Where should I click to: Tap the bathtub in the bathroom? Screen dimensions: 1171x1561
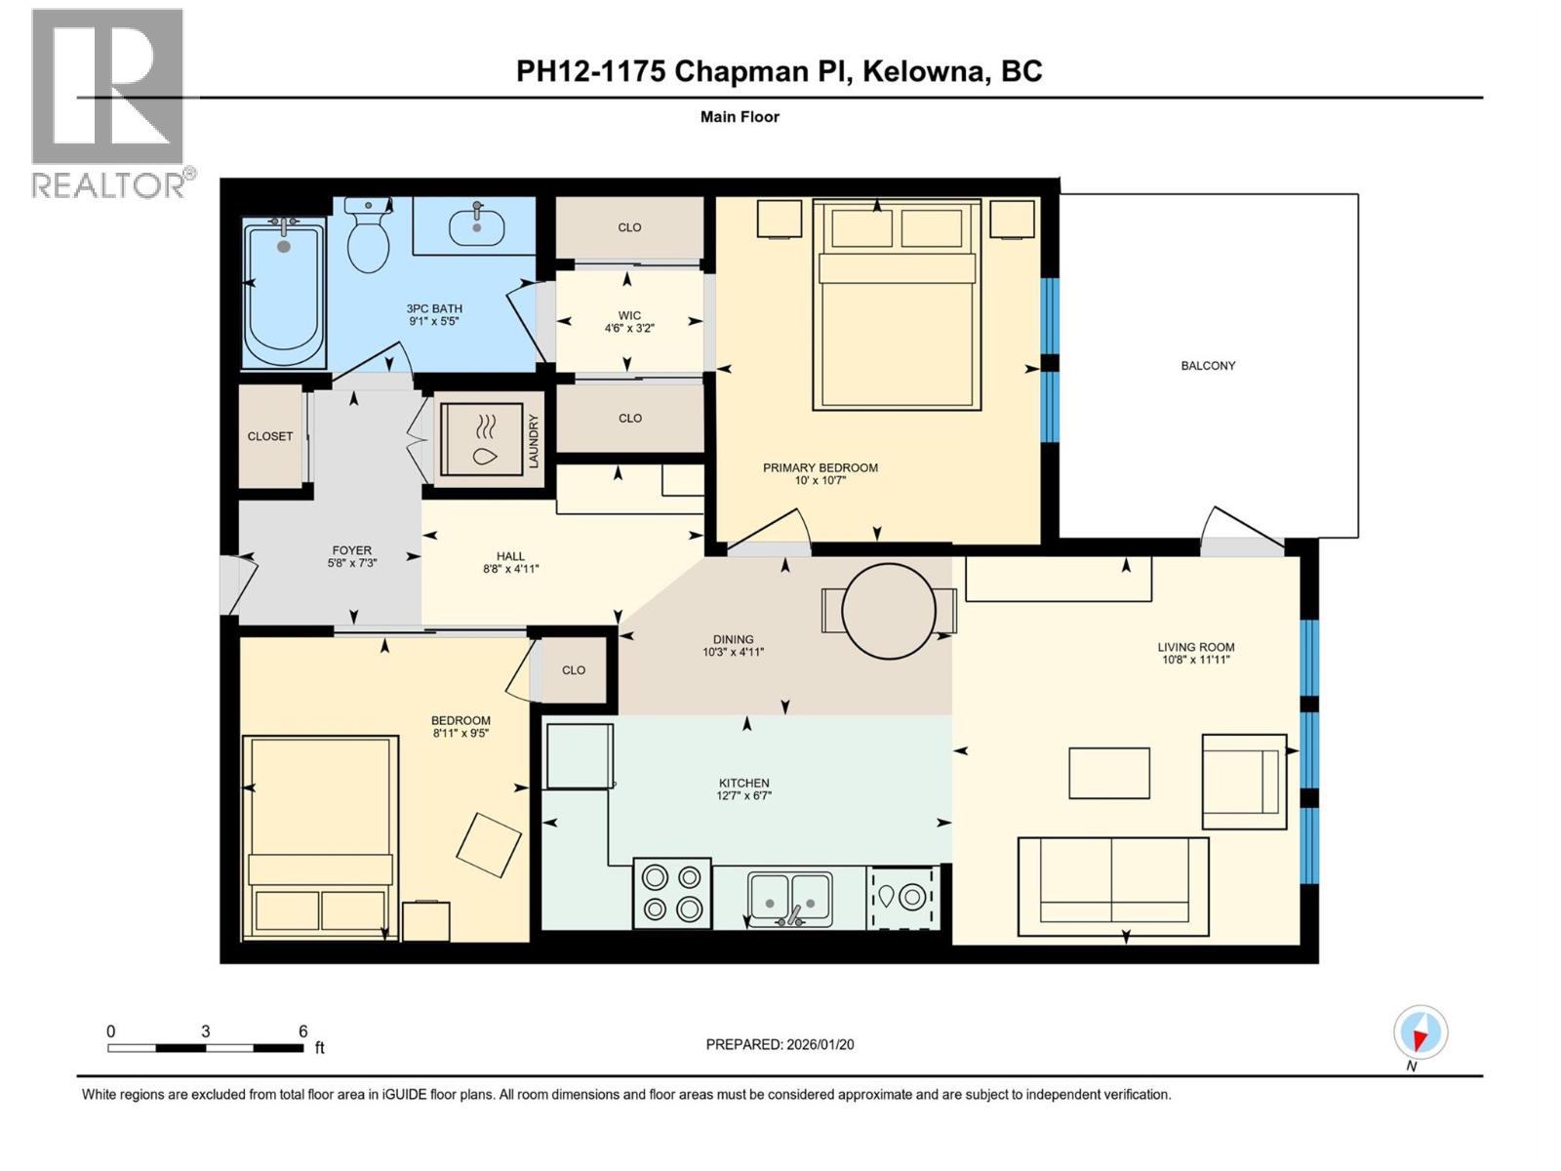[x=283, y=293]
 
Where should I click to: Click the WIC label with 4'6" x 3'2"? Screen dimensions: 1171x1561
[x=629, y=322]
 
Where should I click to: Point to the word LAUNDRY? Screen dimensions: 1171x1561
[x=534, y=441]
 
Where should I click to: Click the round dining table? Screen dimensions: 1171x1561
[x=889, y=611]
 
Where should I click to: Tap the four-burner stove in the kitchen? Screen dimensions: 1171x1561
[x=672, y=893]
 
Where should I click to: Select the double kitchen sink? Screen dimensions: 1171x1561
[x=789, y=897]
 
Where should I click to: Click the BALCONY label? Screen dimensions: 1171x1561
[x=1208, y=366]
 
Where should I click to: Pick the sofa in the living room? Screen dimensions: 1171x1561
[x=1113, y=881]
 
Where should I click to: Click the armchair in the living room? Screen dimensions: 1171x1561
[x=1244, y=781]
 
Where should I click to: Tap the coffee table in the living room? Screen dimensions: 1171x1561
[x=1109, y=773]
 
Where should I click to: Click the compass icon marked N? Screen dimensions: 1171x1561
[x=1421, y=1032]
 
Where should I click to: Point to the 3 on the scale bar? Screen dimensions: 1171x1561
[x=206, y=1031]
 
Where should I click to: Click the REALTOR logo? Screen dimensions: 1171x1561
[x=108, y=102]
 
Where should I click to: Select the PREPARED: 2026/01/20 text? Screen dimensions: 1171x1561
[x=780, y=1044]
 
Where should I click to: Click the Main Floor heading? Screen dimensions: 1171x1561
[x=740, y=117]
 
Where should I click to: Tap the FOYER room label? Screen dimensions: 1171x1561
[x=351, y=556]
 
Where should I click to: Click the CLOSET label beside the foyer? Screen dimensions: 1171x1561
[x=270, y=436]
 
